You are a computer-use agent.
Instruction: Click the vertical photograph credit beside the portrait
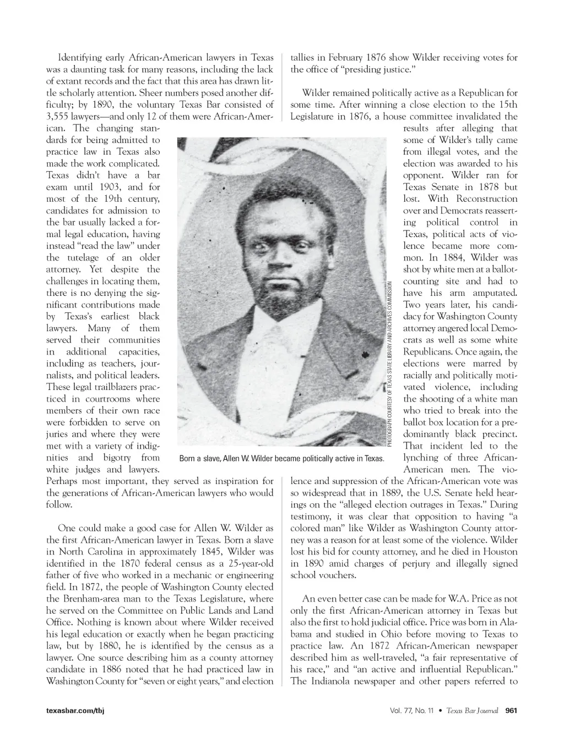389,363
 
